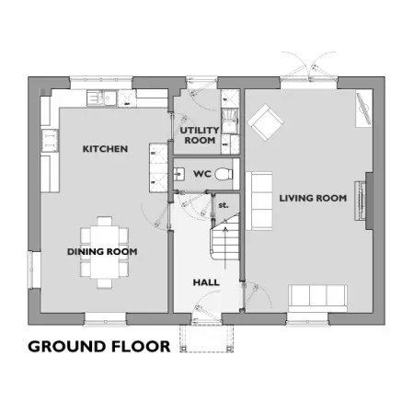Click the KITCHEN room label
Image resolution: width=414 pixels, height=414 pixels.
[x=105, y=149]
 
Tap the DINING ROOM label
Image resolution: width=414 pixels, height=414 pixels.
[x=102, y=252]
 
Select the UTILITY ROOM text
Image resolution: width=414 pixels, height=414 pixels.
[x=200, y=135]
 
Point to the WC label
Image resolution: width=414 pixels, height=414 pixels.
[x=202, y=174]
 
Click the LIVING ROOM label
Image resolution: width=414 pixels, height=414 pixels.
[x=313, y=198]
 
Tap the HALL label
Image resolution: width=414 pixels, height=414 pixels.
[x=206, y=282]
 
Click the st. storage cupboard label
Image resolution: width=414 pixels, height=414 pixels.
[x=224, y=205]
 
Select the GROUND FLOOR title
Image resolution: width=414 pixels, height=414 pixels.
[x=99, y=347]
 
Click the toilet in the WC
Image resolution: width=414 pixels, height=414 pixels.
[x=224, y=174]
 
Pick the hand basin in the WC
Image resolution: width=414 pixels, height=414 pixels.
[x=178, y=174]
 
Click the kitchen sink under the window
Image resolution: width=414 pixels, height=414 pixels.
[x=101, y=98]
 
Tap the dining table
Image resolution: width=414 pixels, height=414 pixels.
[x=105, y=252]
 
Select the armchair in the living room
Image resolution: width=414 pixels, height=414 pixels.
[x=265, y=122]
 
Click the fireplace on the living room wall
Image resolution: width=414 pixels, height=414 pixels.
[x=360, y=201]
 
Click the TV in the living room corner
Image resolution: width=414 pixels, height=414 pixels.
[x=363, y=109]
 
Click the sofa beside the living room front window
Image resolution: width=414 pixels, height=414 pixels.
[x=317, y=295]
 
